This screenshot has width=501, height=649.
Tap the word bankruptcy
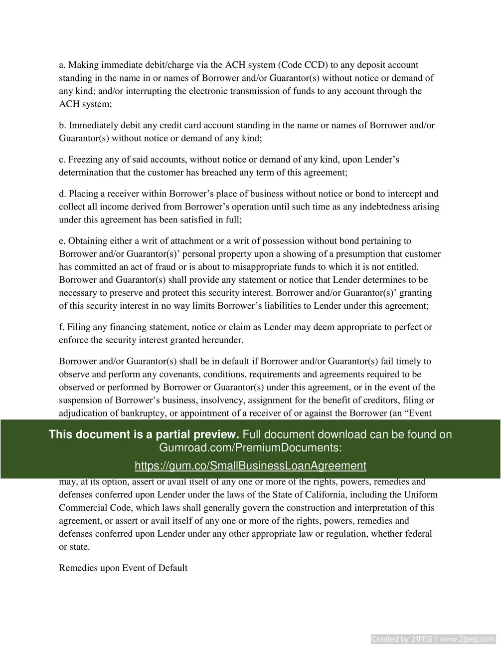[x=154, y=413]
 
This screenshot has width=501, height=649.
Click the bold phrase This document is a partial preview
[x=144, y=434]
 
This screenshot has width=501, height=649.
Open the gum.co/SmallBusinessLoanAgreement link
[x=250, y=465]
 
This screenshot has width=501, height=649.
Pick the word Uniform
[x=421, y=495]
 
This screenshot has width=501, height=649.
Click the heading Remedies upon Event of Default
[x=123, y=568]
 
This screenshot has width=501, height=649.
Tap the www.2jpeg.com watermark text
[x=467, y=639]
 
